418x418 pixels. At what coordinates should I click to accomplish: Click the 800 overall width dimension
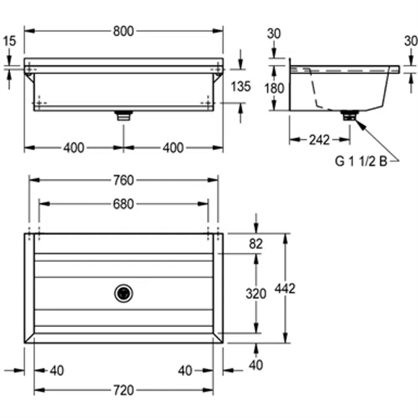pyautogui.click(x=124, y=32)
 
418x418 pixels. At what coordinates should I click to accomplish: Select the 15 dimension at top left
pyautogui.click(x=9, y=41)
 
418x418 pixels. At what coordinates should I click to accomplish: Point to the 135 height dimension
pyautogui.click(x=240, y=86)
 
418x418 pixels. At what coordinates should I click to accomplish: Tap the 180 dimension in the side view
pyautogui.click(x=274, y=88)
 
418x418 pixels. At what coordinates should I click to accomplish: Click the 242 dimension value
pyautogui.click(x=319, y=140)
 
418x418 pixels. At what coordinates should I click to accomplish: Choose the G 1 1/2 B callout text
pyautogui.click(x=362, y=162)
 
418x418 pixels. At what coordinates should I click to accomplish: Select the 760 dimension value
pyautogui.click(x=124, y=180)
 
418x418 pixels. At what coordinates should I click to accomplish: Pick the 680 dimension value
pyautogui.click(x=124, y=204)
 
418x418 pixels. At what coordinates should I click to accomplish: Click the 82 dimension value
pyautogui.click(x=256, y=244)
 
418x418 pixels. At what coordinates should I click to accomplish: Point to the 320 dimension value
pyautogui.click(x=256, y=294)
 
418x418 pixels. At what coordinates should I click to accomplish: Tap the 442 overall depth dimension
pyautogui.click(x=286, y=288)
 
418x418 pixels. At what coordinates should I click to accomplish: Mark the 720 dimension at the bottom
pyautogui.click(x=124, y=390)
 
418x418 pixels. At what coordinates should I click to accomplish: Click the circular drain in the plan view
pyautogui.click(x=124, y=293)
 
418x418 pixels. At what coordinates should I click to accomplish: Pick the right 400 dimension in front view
pyautogui.click(x=173, y=147)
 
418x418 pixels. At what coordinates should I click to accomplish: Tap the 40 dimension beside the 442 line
pyautogui.click(x=256, y=365)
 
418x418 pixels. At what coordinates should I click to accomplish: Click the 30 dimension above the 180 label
pyautogui.click(x=274, y=34)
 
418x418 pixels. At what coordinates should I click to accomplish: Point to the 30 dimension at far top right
pyautogui.click(x=410, y=40)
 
